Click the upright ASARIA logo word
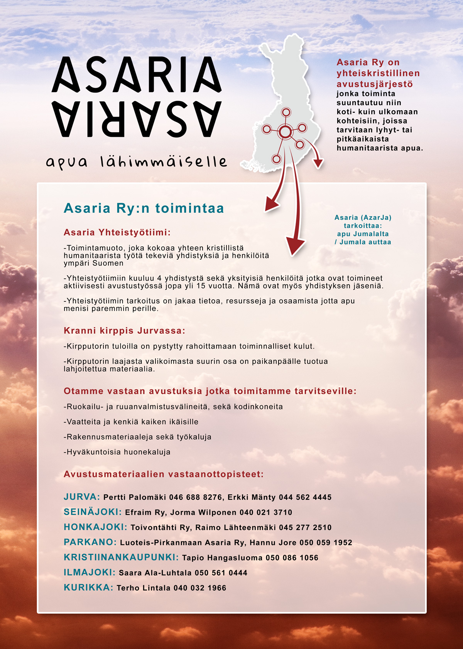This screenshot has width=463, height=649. click(137, 75)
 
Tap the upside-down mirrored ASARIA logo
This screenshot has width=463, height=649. click(137, 119)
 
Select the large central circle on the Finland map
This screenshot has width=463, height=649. click(285, 132)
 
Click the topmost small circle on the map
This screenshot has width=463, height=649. click(286, 112)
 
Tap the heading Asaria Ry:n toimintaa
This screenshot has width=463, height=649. click(144, 208)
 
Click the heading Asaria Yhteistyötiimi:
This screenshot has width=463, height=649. click(117, 232)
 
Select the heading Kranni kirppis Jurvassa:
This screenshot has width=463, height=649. click(124, 331)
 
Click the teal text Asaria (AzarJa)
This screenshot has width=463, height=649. click(363, 218)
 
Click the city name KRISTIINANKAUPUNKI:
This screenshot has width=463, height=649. click(121, 557)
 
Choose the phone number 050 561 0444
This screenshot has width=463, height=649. click(221, 573)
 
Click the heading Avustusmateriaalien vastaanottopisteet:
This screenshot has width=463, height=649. click(164, 474)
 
